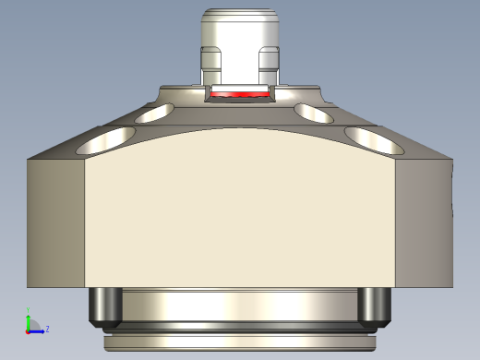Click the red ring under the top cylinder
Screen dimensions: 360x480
(238, 94)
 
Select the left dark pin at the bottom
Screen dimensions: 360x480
(103, 306)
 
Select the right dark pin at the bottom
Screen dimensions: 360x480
(374, 306)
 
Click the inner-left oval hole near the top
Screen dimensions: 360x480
(154, 114)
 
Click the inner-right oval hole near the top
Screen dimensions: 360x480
(315, 113)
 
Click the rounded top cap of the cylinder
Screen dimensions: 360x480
(240, 16)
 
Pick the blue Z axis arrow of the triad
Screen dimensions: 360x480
(38, 330)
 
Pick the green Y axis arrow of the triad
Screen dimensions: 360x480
(28, 319)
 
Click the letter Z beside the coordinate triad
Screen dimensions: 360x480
(47, 328)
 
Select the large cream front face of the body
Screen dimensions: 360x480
(240, 212)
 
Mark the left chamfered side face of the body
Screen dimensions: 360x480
(55, 222)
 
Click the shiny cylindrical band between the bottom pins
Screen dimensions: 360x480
(238, 305)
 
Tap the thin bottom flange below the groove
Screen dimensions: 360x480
(238, 342)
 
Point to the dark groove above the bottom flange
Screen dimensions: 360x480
(238, 329)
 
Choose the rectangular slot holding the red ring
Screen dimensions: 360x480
(238, 89)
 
